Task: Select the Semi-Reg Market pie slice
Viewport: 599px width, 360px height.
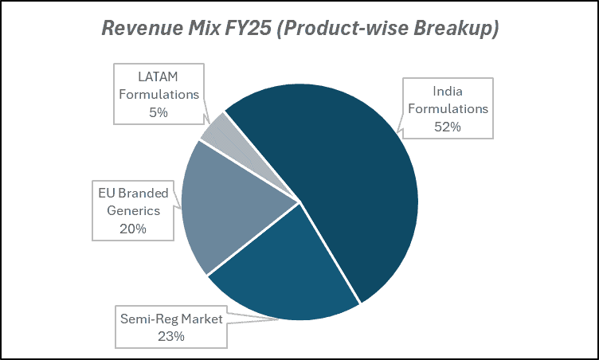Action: (x=279, y=271)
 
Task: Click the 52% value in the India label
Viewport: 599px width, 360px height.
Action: (x=447, y=126)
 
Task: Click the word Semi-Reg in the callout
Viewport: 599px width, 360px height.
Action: (x=147, y=319)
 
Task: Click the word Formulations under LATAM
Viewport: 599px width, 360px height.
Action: (x=159, y=95)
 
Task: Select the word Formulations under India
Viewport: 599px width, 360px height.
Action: (x=447, y=108)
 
